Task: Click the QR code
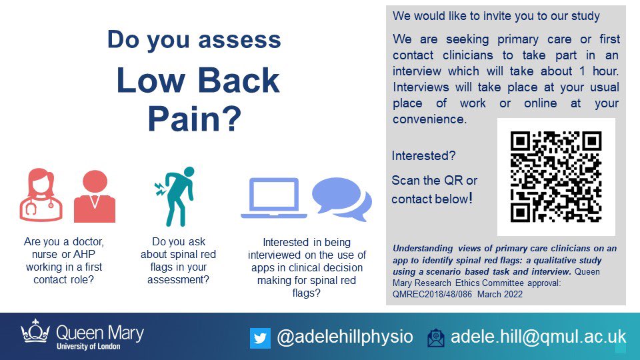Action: point(556,177)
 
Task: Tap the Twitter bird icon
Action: point(260,338)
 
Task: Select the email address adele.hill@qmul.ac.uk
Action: point(539,337)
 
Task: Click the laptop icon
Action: point(273,199)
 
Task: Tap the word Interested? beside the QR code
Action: point(424,156)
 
